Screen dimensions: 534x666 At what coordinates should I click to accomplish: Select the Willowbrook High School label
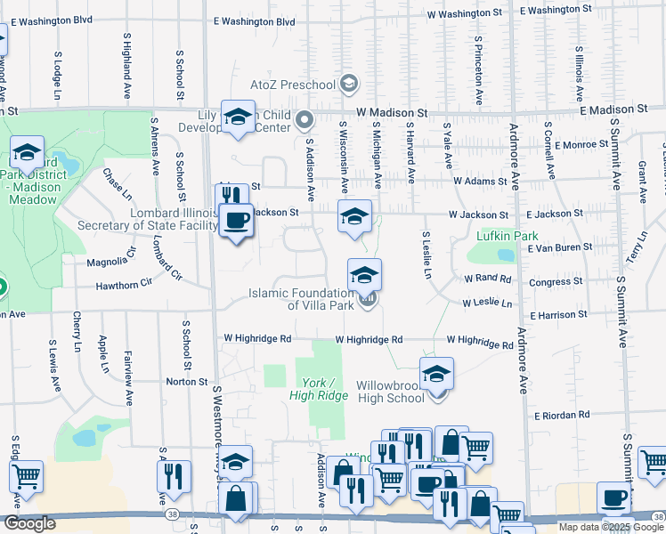click(390, 392)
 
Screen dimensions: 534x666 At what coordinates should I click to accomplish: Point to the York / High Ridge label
click(318, 388)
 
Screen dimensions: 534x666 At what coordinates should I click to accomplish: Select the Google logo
click(29, 523)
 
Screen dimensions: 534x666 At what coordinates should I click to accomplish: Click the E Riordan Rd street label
click(562, 416)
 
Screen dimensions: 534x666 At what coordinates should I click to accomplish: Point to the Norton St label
click(187, 381)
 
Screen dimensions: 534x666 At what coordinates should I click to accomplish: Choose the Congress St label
click(555, 283)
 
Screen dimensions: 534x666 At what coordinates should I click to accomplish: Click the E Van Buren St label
click(559, 246)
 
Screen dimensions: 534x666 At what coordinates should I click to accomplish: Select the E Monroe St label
click(575, 144)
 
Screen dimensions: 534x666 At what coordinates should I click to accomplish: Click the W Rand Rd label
click(487, 279)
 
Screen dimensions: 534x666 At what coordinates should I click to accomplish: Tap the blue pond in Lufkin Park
click(506, 255)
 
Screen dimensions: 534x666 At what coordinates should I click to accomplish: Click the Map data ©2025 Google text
click(610, 527)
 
